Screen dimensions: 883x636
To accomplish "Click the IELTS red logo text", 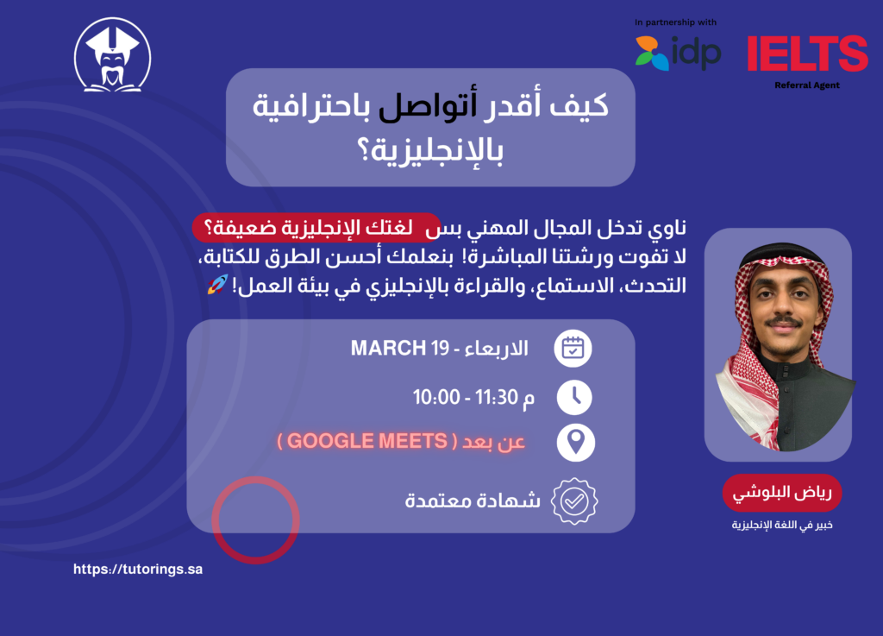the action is coord(807,54).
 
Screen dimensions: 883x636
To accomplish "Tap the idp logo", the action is coord(678,53).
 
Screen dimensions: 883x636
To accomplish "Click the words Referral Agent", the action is coord(807,85).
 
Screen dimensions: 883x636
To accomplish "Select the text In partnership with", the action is coord(675,22).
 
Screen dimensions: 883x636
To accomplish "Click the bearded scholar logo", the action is coord(113,54).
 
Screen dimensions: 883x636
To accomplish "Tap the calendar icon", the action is coord(573,349).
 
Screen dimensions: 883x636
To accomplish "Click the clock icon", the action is coord(574,397).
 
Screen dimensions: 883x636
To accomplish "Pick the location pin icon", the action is coord(575,442).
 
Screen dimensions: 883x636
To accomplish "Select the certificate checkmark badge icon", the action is coord(574,501).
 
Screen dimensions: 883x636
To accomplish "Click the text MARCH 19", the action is coord(400,348).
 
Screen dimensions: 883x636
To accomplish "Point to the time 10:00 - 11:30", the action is coord(465,397).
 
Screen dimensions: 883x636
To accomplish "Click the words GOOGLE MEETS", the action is coord(367,441).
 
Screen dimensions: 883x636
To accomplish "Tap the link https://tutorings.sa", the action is coord(138,570).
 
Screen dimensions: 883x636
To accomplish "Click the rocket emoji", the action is coord(217,285).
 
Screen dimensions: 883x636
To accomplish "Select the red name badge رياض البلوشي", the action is coord(782,493).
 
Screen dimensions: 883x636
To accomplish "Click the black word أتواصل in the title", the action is coord(428,105).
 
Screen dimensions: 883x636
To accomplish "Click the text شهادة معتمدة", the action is coord(473,501).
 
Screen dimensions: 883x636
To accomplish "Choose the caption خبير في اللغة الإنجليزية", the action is coord(782,525).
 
